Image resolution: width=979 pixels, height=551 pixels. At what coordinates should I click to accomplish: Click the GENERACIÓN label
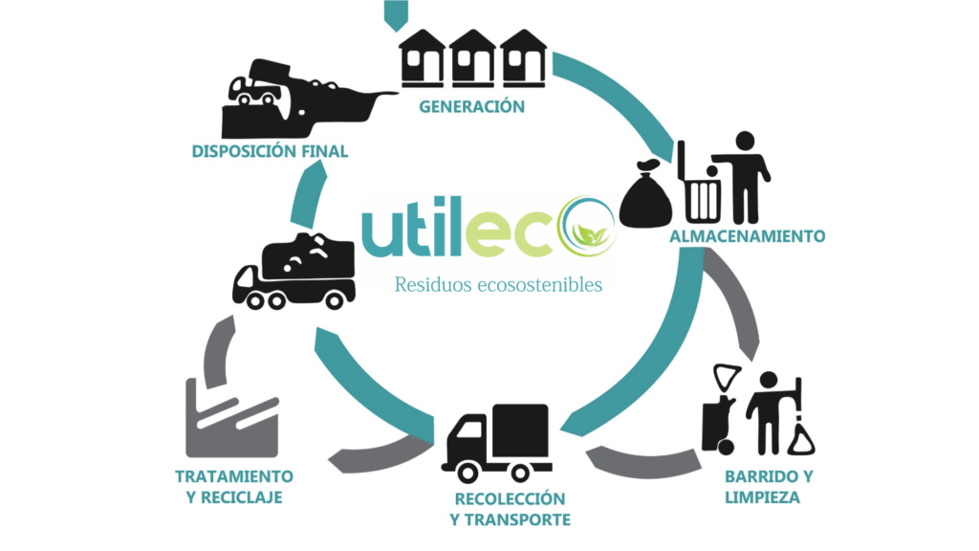click(x=471, y=106)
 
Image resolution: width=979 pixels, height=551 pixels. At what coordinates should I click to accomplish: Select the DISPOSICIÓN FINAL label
click(x=270, y=151)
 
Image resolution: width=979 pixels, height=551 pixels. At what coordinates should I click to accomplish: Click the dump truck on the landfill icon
click(x=256, y=87)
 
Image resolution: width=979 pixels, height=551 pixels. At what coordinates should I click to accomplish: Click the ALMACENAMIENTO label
click(x=747, y=235)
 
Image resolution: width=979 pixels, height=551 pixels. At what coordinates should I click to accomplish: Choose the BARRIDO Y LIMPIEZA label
click(x=761, y=487)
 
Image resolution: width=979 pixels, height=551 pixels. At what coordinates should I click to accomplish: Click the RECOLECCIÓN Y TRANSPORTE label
click(x=510, y=510)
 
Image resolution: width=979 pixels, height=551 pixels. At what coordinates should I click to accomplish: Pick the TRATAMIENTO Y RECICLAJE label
click(x=233, y=487)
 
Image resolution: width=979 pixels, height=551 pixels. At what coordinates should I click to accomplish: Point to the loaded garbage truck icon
click(x=294, y=272)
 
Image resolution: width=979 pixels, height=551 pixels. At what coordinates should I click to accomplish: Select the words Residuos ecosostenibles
click(x=498, y=284)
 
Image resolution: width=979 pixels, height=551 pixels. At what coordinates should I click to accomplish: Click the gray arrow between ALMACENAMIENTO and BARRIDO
click(x=735, y=307)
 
